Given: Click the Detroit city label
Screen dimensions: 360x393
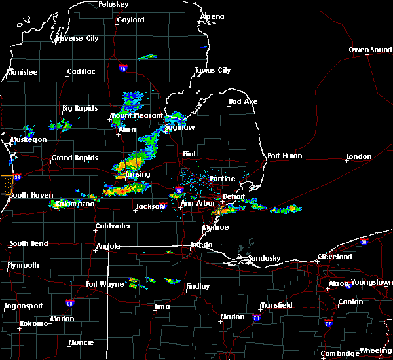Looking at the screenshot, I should point(233,196).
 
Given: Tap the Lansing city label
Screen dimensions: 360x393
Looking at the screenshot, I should point(137,175).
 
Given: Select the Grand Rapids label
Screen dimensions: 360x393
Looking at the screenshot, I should point(75,158).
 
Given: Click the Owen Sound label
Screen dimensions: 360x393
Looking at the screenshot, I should point(371,50).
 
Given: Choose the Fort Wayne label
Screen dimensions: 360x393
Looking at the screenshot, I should point(104,284).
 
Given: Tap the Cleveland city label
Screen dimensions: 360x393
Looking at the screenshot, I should point(334,257).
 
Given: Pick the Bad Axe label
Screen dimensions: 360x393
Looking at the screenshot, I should point(243,102).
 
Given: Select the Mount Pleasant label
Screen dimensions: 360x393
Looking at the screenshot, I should point(136,116).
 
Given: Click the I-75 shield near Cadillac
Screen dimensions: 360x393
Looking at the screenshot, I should point(122,69).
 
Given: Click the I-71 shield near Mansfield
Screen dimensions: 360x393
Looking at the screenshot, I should point(256,317).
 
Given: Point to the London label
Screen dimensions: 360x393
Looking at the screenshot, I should point(359,157).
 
